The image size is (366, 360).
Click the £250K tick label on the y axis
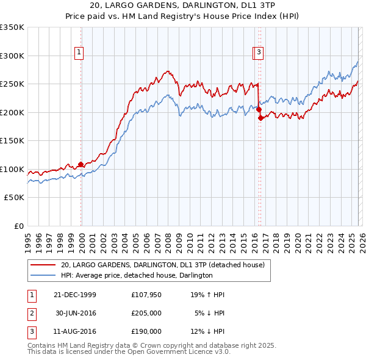click(12, 84)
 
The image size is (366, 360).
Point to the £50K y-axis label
click(14, 198)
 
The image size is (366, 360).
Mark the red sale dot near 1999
click(81, 164)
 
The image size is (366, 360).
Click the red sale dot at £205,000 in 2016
click(259, 110)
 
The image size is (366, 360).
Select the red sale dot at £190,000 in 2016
click(260, 118)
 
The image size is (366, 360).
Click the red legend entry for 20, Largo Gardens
click(162, 265)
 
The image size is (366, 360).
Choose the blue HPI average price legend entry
click(136, 276)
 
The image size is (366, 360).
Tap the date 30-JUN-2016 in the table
click(76, 314)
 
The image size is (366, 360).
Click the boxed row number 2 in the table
click(31, 314)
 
